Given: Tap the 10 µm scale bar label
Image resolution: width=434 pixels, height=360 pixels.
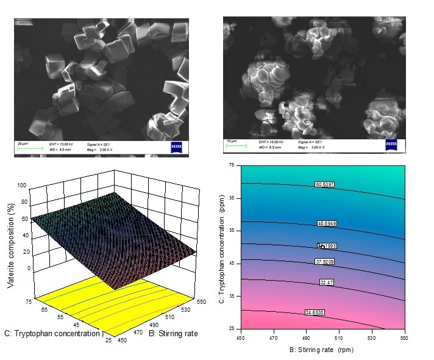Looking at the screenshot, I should [x=232, y=141].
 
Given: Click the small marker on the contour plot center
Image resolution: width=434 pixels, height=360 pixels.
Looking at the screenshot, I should [x=322, y=246].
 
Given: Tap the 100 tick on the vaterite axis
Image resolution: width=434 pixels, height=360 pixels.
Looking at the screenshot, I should [x=23, y=185].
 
